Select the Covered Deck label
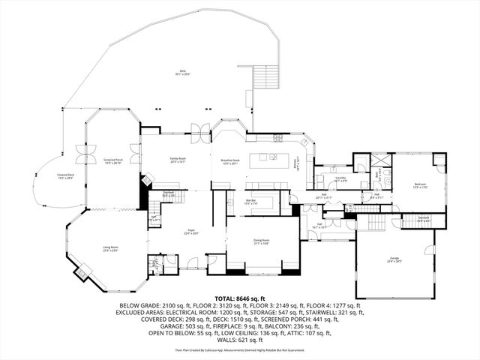(x=65, y=177)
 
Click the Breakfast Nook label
(x=230, y=161)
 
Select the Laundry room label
(x=340, y=178)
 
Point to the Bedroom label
(x=419, y=184)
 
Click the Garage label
(x=394, y=259)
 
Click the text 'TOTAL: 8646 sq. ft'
(x=240, y=298)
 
